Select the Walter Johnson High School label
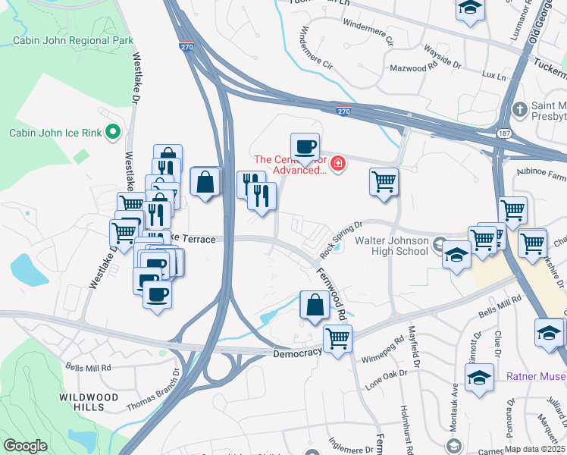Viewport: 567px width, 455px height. coord(392,246)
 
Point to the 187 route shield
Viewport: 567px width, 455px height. coord(503,133)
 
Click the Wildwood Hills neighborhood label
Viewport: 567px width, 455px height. coord(90,402)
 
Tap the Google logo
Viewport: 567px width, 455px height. coord(25,446)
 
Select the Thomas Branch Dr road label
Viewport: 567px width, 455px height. coord(151,388)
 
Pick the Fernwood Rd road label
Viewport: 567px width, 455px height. coord(331,293)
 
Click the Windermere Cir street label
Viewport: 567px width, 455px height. coord(317,47)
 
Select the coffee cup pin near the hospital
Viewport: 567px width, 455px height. coord(305,146)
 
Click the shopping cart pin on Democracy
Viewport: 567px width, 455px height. coord(337,337)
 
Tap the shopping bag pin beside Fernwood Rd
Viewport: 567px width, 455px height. coord(315,305)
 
